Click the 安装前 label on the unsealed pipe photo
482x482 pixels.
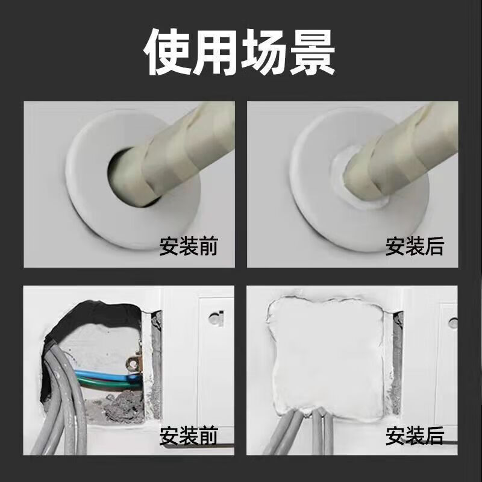(x=188, y=246)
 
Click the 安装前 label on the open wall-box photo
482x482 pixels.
(x=188, y=435)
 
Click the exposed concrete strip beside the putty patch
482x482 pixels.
(x=396, y=361)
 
